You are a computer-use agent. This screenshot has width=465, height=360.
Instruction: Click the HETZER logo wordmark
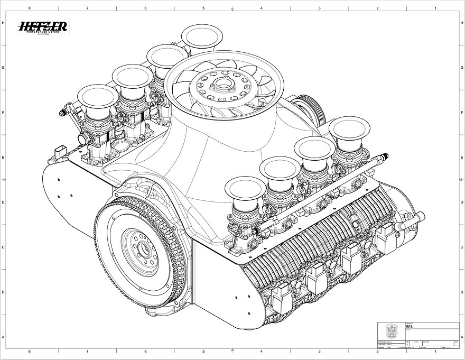tap(43, 26)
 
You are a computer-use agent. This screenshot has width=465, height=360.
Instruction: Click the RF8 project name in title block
tap(409, 327)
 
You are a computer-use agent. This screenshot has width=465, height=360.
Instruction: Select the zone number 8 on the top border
tap(29, 8)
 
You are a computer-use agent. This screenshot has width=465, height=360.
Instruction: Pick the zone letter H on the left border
tap(4, 23)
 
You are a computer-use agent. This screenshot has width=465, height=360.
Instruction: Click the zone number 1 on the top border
tap(435, 8)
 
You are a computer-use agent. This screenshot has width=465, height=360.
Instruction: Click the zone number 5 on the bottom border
tap(203, 350)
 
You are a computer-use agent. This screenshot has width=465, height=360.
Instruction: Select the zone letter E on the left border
tap(4, 158)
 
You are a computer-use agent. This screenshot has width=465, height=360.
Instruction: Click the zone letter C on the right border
tap(461, 247)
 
